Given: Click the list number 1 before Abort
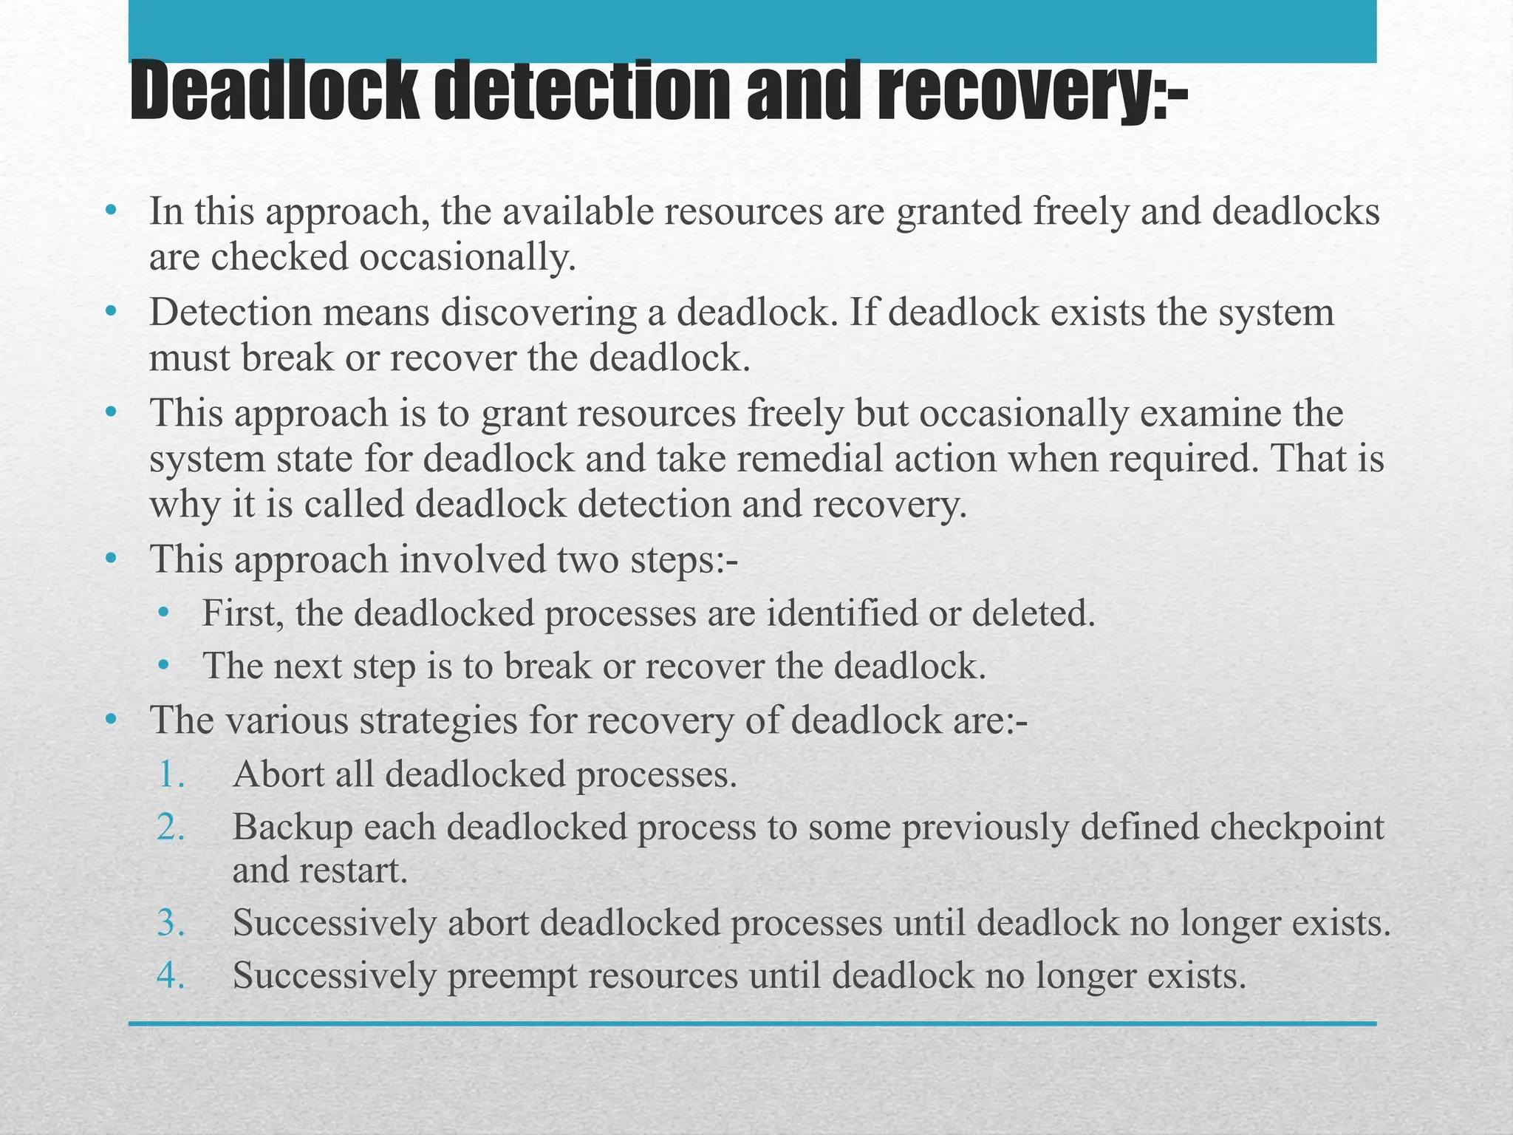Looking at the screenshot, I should (x=171, y=775).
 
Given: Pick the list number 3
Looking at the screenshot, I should (x=171, y=923).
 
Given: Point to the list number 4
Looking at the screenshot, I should (x=171, y=975).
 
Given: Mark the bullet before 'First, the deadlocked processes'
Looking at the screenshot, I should (x=163, y=613).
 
